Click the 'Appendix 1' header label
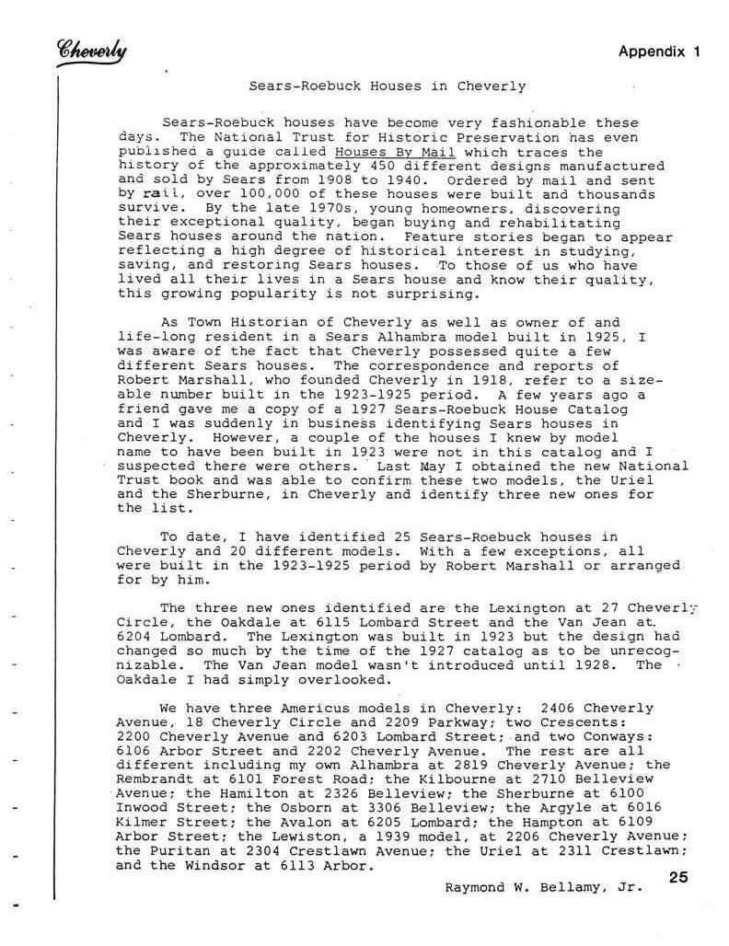[659, 52]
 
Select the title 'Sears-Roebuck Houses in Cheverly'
[388, 87]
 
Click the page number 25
[678, 877]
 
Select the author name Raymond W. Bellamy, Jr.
[543, 888]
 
